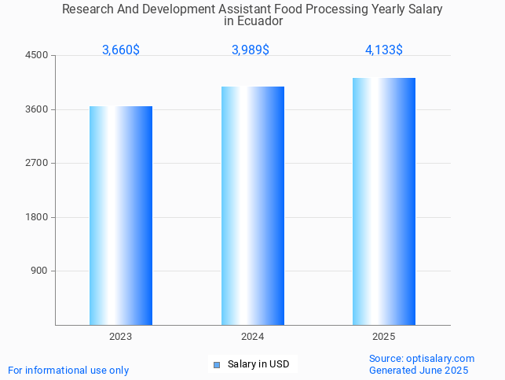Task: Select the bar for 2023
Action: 121,216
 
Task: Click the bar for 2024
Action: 252,205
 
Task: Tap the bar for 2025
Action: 384,201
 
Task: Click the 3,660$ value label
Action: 121,50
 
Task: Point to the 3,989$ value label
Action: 251,50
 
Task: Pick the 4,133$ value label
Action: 384,50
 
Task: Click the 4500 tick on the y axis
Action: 37,56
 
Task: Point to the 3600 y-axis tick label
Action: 37,109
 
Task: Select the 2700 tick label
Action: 37,163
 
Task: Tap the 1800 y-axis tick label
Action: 37,217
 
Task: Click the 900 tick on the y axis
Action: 40,271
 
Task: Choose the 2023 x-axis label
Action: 121,337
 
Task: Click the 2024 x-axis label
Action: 252,337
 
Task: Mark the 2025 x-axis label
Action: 384,337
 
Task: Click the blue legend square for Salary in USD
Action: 217,364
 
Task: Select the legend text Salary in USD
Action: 258,364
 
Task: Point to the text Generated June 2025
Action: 419,371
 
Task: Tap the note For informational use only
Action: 68,371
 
